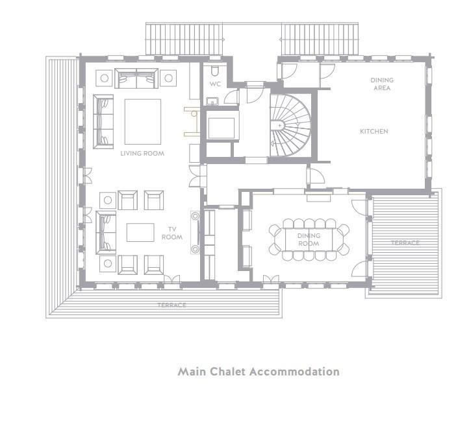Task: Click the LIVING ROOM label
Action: pyautogui.click(x=142, y=154)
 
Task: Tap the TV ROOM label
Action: pyautogui.click(x=172, y=233)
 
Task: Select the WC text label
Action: pyautogui.click(x=215, y=84)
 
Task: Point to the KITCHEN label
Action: pyautogui.click(x=374, y=132)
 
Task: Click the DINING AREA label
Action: pyautogui.click(x=382, y=84)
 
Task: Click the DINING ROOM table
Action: pyautogui.click(x=309, y=239)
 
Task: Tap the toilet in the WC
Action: pyautogui.click(x=214, y=71)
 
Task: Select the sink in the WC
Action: pyautogui.click(x=212, y=102)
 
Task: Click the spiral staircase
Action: pyautogui.click(x=290, y=125)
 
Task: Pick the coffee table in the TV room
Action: pyautogui.click(x=140, y=232)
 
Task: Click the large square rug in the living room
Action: pyautogui.click(x=143, y=121)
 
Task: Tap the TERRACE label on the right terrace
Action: pyautogui.click(x=405, y=243)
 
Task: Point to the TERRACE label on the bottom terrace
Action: pyautogui.click(x=171, y=305)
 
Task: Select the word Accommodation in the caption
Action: pyautogui.click(x=294, y=372)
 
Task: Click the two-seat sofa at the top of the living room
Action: pyautogui.click(x=136, y=78)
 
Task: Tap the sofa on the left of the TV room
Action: pyautogui.click(x=106, y=233)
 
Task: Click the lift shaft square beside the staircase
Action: pyautogui.click(x=222, y=128)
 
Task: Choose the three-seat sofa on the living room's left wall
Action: pyautogui.click(x=103, y=121)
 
